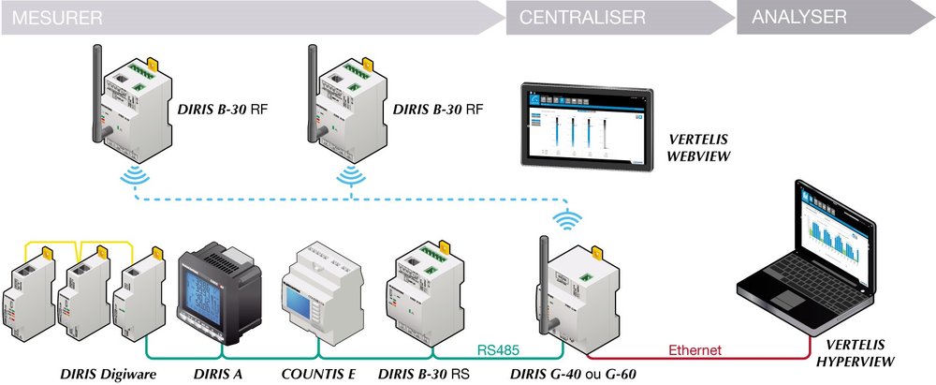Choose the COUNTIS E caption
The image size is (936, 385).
pos(318,374)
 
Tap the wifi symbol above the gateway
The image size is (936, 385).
pos(565,220)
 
